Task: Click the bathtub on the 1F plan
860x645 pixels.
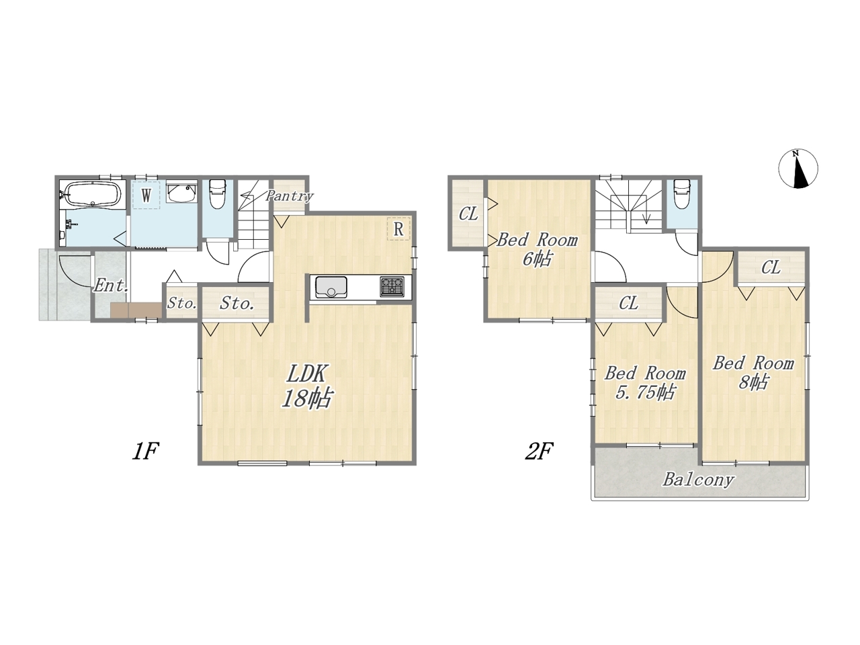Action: [93, 194]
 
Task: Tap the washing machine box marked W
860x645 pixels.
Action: [146, 195]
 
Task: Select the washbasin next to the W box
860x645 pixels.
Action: [181, 192]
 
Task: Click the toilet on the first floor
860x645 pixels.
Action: [216, 193]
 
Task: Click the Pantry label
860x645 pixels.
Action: [289, 196]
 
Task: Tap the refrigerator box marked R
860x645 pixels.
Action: [398, 228]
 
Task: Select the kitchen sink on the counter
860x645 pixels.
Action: [331, 287]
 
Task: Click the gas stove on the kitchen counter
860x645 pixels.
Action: [392, 287]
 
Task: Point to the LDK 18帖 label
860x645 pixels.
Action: [306, 386]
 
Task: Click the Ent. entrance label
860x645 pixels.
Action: [111, 286]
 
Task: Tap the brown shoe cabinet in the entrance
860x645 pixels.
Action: [136, 310]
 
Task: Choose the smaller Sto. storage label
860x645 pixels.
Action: [182, 303]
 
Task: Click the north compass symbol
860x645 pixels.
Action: [798, 169]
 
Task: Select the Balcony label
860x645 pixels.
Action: [699, 480]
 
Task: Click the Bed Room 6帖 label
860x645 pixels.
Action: [537, 249]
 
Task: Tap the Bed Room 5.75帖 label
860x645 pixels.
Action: [645, 382]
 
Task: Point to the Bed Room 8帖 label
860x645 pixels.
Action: [753, 372]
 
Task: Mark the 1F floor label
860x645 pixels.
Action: [145, 451]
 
